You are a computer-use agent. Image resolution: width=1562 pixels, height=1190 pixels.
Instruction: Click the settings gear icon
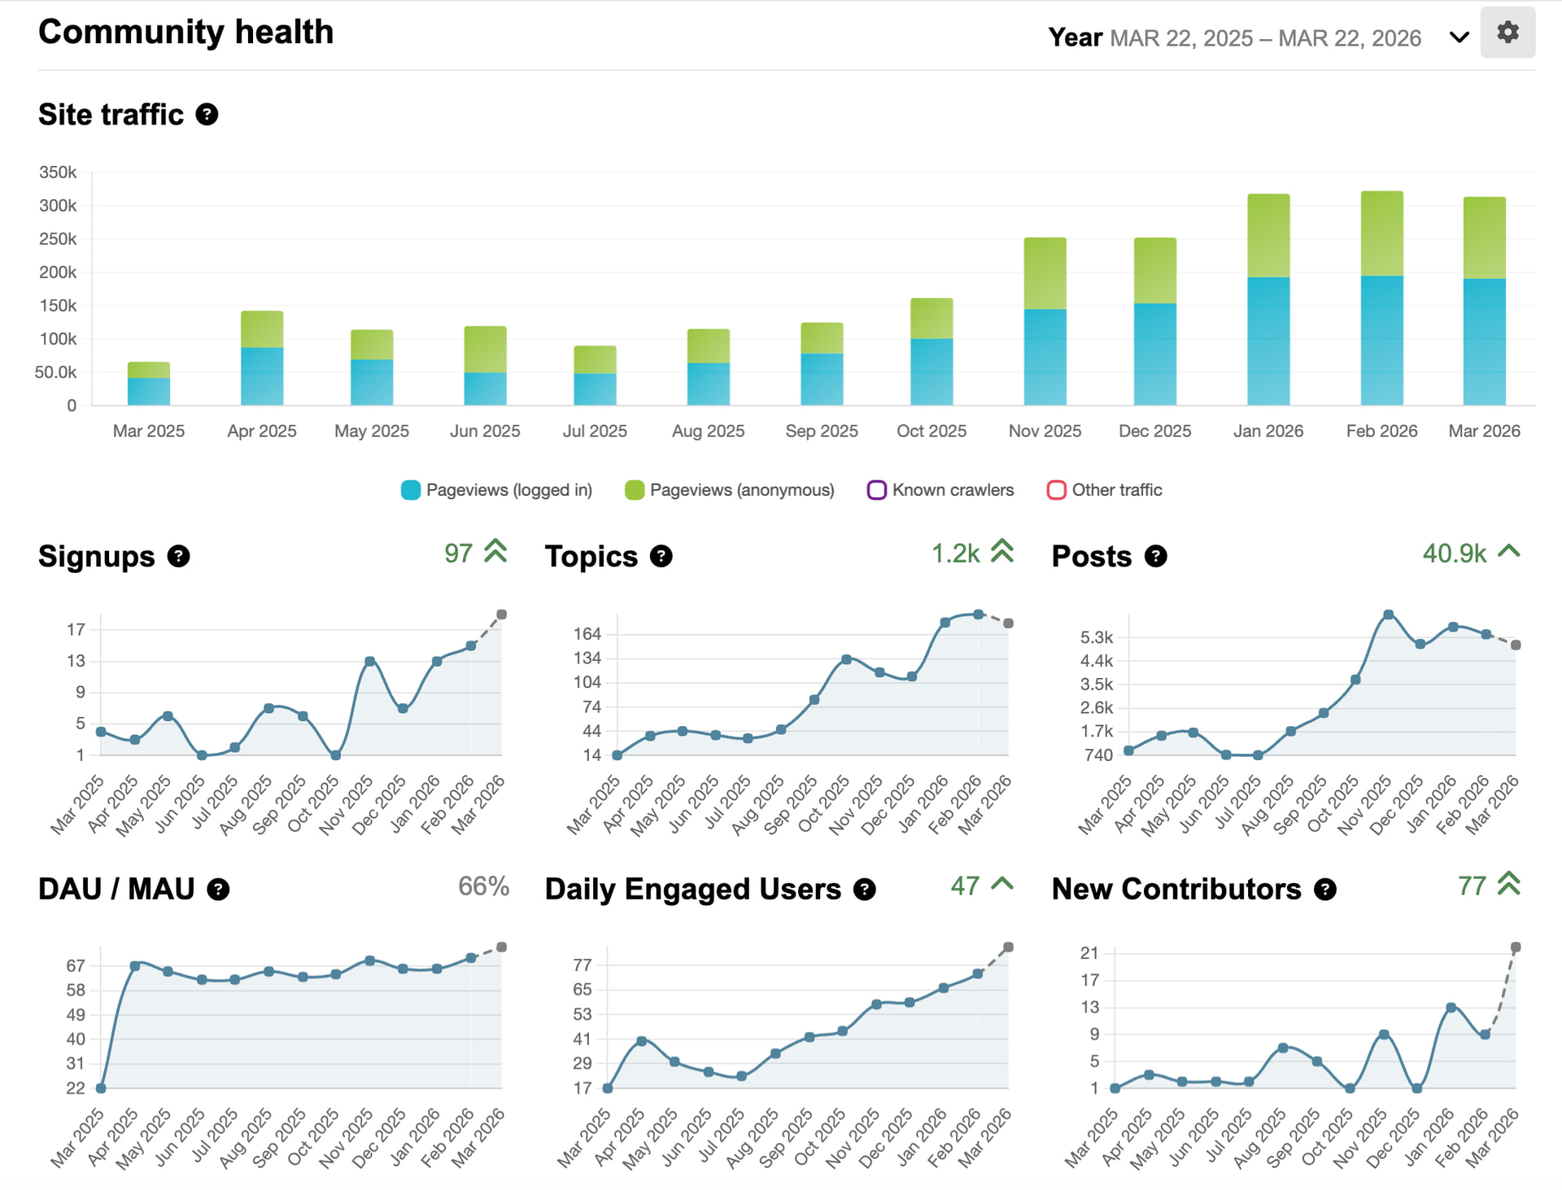[1507, 33]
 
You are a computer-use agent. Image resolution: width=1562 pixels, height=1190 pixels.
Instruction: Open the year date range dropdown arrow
[1459, 37]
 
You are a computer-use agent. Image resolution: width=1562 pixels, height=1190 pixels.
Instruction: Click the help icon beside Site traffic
[207, 115]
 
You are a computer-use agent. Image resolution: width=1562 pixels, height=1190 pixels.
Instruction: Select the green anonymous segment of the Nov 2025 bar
[1045, 273]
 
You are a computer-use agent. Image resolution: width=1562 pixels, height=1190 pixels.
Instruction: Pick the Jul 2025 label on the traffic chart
[595, 431]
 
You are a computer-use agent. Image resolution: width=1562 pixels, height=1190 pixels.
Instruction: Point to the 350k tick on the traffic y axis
[58, 173]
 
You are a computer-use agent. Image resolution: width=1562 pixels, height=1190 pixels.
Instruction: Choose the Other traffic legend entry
[1104, 490]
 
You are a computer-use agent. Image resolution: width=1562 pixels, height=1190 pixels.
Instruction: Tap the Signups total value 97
[458, 553]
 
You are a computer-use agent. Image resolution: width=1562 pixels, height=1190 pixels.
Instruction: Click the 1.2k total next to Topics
[955, 553]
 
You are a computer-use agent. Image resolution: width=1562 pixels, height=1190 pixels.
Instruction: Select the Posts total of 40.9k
[1454, 553]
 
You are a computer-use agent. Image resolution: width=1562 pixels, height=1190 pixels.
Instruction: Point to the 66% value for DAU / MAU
[483, 886]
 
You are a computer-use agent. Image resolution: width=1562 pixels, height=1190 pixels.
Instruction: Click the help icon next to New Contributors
[1325, 890]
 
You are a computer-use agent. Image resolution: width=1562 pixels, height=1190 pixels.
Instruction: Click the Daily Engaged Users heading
[692, 890]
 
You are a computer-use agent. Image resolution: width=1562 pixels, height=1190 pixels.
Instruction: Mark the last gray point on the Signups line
[502, 615]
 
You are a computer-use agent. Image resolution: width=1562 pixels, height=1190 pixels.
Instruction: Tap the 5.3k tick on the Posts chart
[1096, 637]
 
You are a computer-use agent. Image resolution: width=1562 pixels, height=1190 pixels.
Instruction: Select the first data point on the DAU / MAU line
[101, 1088]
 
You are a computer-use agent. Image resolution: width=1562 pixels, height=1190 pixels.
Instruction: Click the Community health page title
[185, 33]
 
